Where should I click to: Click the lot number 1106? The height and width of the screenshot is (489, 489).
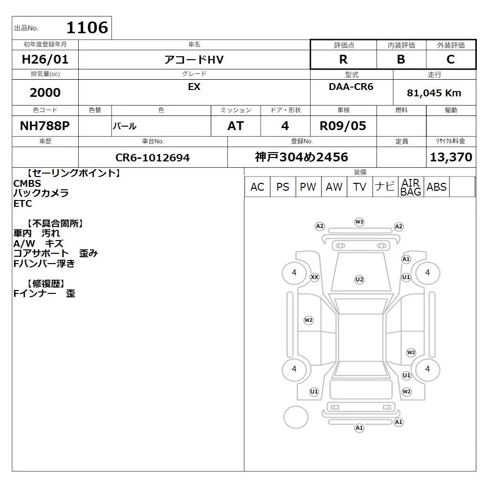coord(88,27)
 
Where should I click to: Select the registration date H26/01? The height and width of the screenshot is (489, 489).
coord(45,59)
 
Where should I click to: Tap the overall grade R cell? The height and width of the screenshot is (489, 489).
coord(343,59)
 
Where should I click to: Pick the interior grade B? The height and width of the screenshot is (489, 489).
coord(401,59)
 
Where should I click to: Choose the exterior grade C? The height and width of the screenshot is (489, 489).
coord(451,59)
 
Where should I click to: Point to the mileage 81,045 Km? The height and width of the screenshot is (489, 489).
coord(434,93)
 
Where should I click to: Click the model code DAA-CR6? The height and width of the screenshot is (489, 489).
coord(351,87)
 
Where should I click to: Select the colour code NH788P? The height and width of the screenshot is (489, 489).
coord(45,126)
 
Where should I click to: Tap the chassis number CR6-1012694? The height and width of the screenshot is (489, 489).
coord(153,157)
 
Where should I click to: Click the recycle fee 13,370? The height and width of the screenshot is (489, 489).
coord(451,157)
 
